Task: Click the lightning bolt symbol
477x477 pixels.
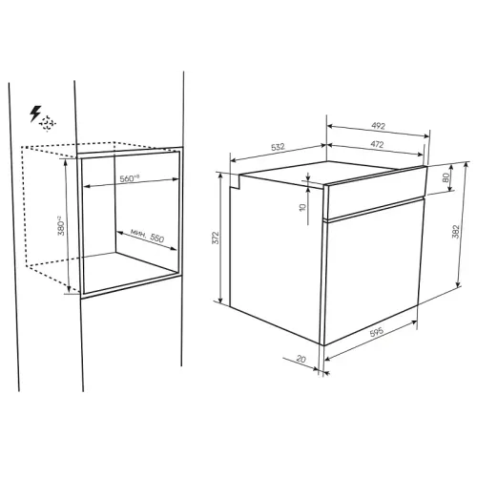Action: click(x=35, y=114)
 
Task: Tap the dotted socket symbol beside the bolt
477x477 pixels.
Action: click(x=48, y=123)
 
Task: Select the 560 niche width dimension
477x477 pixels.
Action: click(x=130, y=178)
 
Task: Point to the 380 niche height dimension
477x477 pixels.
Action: click(x=60, y=226)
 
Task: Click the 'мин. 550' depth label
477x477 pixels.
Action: click(x=147, y=236)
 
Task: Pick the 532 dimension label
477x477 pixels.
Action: click(x=278, y=147)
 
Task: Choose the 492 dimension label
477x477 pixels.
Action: click(x=379, y=126)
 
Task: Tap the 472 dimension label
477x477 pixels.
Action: click(x=377, y=144)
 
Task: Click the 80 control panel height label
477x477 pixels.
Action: click(x=446, y=177)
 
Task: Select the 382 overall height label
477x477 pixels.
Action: click(x=455, y=232)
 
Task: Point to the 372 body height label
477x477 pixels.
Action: click(x=216, y=238)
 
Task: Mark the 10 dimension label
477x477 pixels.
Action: click(x=302, y=207)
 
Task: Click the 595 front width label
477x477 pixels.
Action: click(x=377, y=332)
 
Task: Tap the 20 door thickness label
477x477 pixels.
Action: click(x=301, y=359)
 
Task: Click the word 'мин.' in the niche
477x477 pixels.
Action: click(x=138, y=234)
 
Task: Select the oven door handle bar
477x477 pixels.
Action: click(x=373, y=209)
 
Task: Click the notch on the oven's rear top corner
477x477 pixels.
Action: click(x=235, y=181)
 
